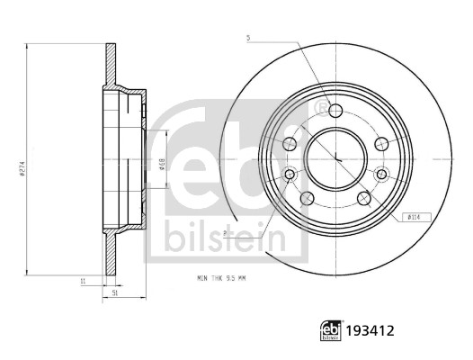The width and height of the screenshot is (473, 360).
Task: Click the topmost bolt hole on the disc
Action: pyautogui.click(x=335, y=111)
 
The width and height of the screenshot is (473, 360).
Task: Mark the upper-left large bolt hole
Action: pyautogui.click(x=290, y=144)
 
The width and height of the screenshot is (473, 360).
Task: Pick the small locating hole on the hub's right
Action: pyautogui.click(x=381, y=174)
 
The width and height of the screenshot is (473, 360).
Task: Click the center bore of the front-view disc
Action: pyautogui.click(x=335, y=158)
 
